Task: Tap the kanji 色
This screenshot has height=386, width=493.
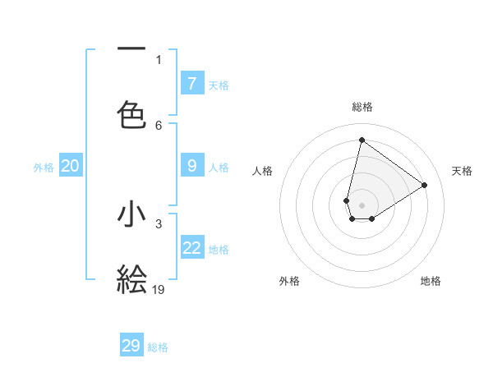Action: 131,113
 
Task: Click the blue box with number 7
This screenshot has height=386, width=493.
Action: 192,83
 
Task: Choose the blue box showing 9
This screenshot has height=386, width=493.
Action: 192,165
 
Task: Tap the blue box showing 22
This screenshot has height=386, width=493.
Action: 192,247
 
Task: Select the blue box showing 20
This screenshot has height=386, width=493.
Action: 70,166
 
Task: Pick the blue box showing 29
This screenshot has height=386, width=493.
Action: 131,345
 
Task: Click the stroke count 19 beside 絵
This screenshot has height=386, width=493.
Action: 159,289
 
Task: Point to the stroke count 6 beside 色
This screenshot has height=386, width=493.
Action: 159,125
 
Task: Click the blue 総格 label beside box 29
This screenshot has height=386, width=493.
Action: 158,347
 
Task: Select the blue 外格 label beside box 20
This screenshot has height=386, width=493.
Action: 44,168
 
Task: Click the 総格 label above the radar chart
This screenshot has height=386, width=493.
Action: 362,107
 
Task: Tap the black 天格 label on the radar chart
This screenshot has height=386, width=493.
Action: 462,171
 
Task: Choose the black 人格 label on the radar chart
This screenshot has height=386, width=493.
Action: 262,171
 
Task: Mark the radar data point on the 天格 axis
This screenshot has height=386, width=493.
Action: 424,185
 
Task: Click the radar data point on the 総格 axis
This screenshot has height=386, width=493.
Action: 362,140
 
